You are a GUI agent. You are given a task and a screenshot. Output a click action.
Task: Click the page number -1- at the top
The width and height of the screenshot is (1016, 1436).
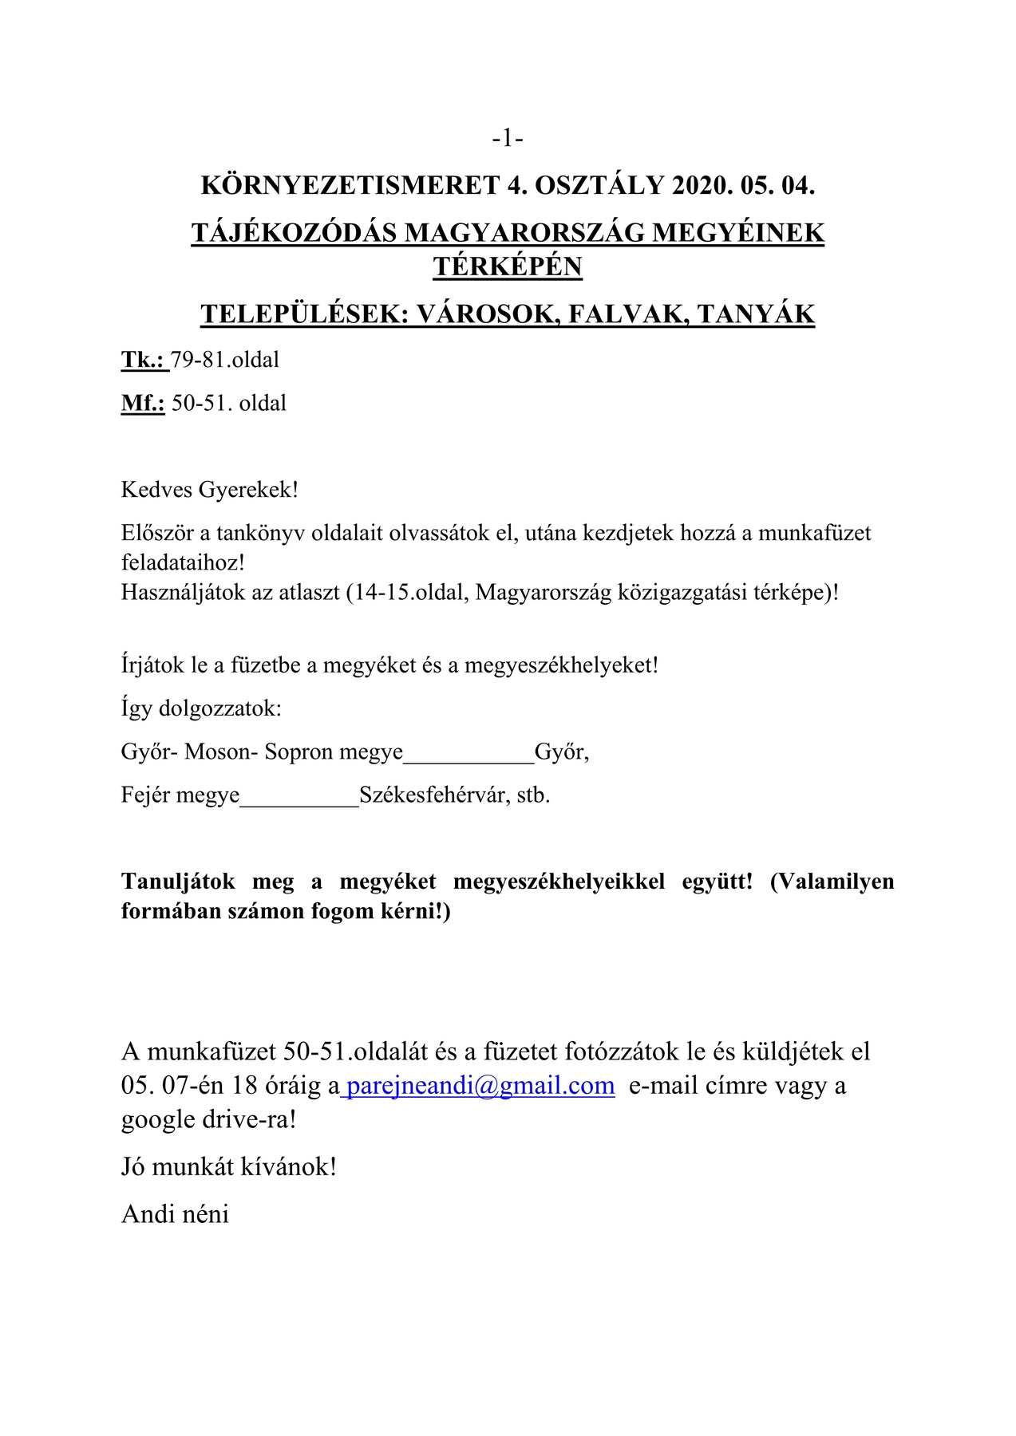pos(508,139)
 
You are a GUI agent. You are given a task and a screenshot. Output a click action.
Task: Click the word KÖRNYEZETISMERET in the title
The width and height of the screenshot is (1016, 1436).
pos(350,186)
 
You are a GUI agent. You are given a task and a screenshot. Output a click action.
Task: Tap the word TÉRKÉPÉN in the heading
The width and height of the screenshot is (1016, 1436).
pos(508,266)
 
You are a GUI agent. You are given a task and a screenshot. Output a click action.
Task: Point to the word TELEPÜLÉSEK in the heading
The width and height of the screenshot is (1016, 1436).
pos(303,314)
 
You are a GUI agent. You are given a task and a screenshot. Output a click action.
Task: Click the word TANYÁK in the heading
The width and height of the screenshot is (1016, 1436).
pos(755,314)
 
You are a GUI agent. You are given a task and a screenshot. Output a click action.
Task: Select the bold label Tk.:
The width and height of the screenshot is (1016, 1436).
pos(144,360)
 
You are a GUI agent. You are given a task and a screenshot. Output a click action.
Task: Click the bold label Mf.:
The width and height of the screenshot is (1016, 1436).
pos(143,403)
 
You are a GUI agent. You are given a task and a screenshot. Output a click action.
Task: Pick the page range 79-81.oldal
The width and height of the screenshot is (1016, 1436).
pos(225,360)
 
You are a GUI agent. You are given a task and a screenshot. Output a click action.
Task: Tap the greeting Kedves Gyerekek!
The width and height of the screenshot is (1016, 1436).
pos(210,489)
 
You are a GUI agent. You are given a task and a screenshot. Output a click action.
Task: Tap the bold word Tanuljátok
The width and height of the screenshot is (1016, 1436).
pos(178,882)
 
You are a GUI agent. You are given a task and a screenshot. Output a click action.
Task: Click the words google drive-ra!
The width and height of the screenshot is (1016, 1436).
pos(209,1119)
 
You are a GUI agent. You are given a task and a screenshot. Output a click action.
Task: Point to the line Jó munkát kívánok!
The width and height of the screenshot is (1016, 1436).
pos(229,1167)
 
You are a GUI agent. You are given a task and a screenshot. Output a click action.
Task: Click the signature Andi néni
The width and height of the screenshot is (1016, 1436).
pos(176,1214)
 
